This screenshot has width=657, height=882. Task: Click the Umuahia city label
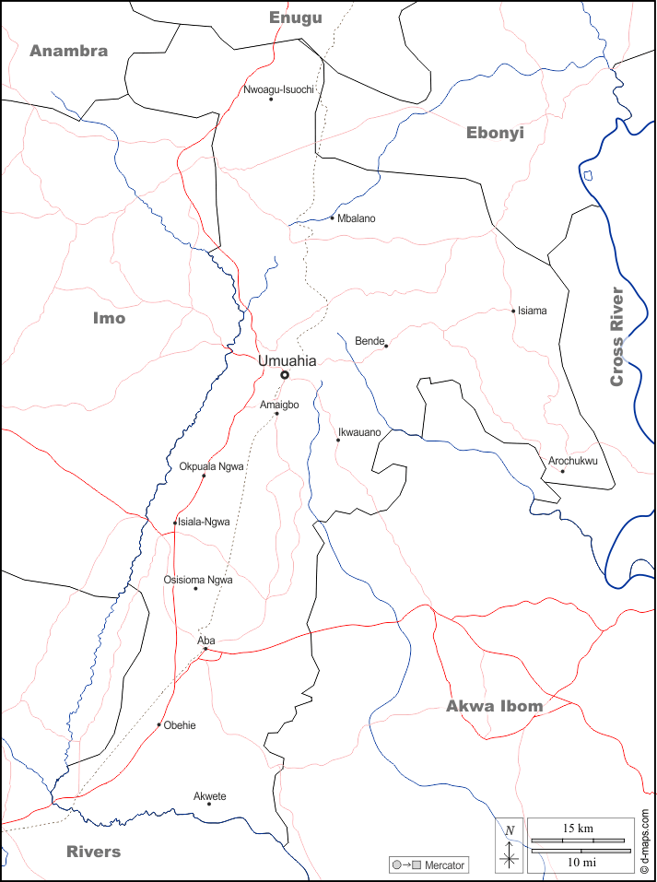click(287, 361)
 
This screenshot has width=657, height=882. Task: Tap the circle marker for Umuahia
click(285, 375)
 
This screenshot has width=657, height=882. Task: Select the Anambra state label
click(68, 52)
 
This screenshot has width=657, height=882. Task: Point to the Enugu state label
click(296, 18)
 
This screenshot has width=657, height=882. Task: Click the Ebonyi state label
click(495, 133)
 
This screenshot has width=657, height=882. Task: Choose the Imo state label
click(109, 318)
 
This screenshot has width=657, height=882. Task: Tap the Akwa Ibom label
click(494, 706)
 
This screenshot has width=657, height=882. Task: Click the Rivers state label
click(93, 851)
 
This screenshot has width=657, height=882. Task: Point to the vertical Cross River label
click(616, 336)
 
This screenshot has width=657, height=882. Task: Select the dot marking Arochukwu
click(562, 472)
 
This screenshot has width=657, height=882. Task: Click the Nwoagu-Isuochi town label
click(280, 89)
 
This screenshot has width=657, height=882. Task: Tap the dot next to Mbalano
click(332, 218)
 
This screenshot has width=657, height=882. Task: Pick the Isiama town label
click(533, 311)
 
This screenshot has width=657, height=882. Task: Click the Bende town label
click(369, 341)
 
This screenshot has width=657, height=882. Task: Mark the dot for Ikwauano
click(338, 440)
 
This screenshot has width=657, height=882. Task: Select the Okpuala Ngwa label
click(212, 466)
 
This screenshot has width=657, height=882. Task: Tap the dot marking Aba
click(205, 650)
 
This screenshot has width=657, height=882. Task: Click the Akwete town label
click(210, 795)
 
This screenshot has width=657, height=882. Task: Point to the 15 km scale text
click(577, 828)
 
